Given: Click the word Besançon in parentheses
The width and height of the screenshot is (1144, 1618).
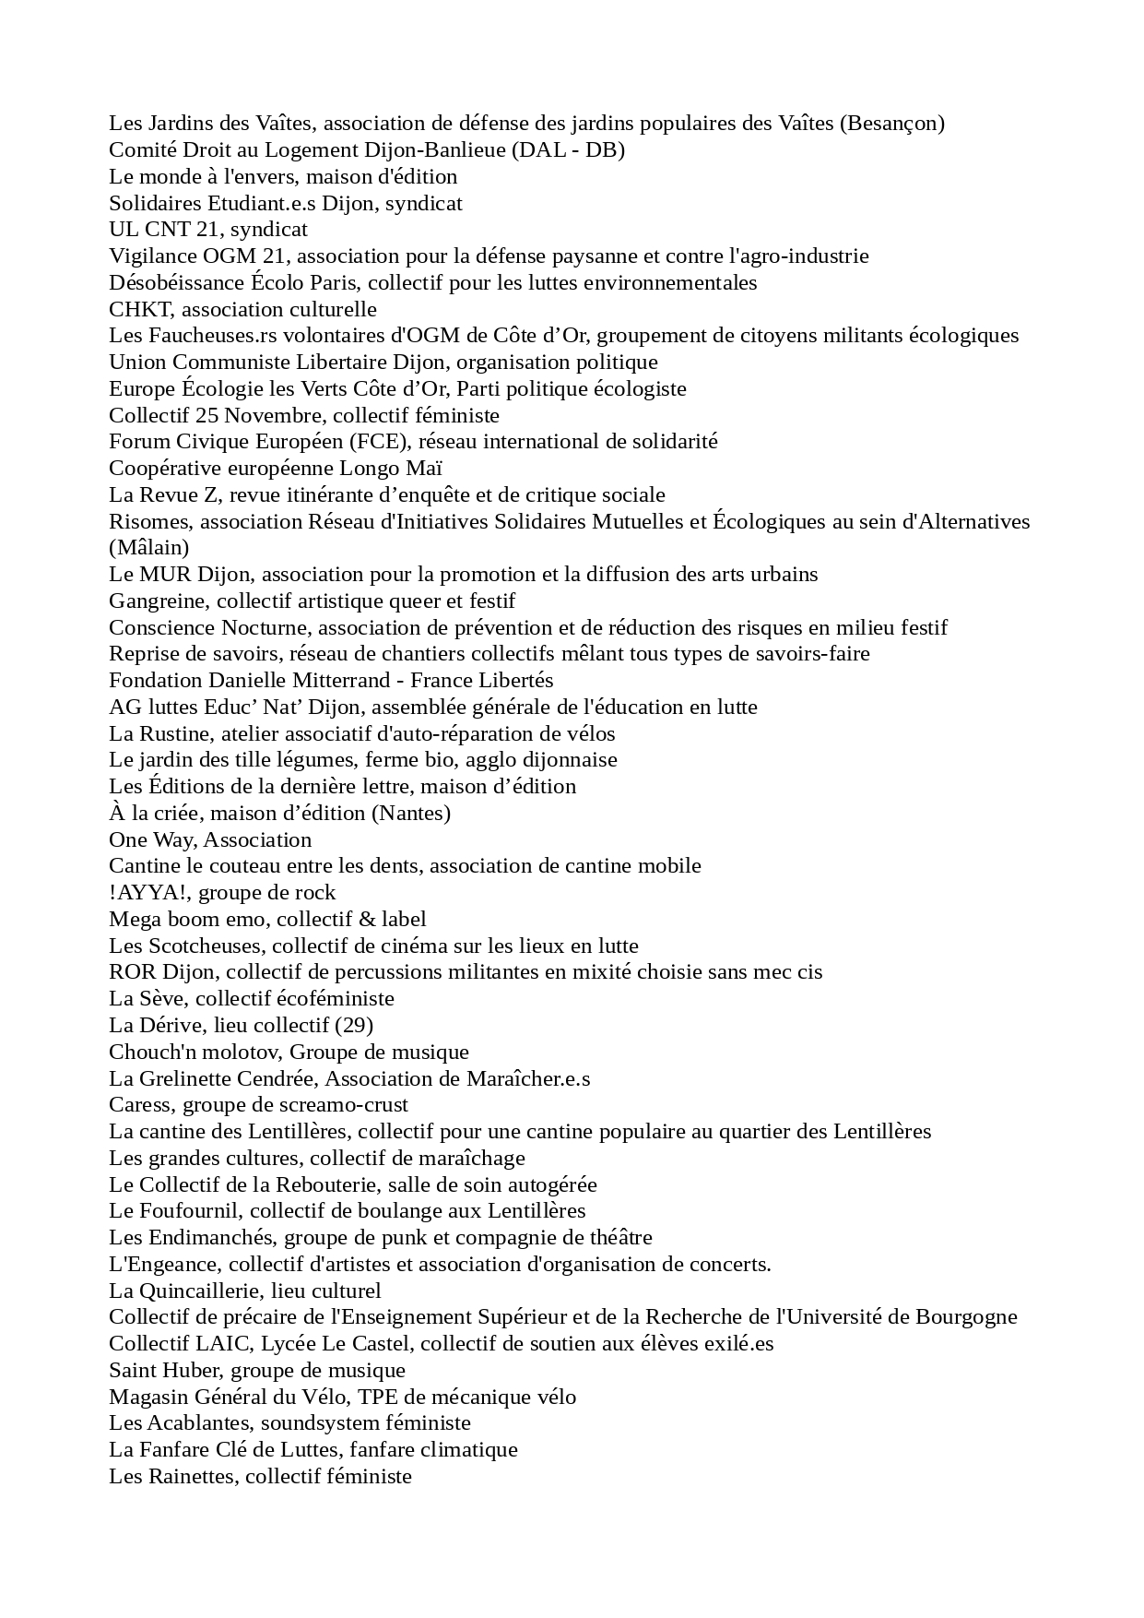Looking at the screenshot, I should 891,124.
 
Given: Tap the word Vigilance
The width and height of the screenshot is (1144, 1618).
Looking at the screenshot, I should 152,256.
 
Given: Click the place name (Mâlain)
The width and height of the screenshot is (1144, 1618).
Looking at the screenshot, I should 148,548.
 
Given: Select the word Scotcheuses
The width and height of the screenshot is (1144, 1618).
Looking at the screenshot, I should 203,946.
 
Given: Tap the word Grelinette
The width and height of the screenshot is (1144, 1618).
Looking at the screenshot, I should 186,1078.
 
